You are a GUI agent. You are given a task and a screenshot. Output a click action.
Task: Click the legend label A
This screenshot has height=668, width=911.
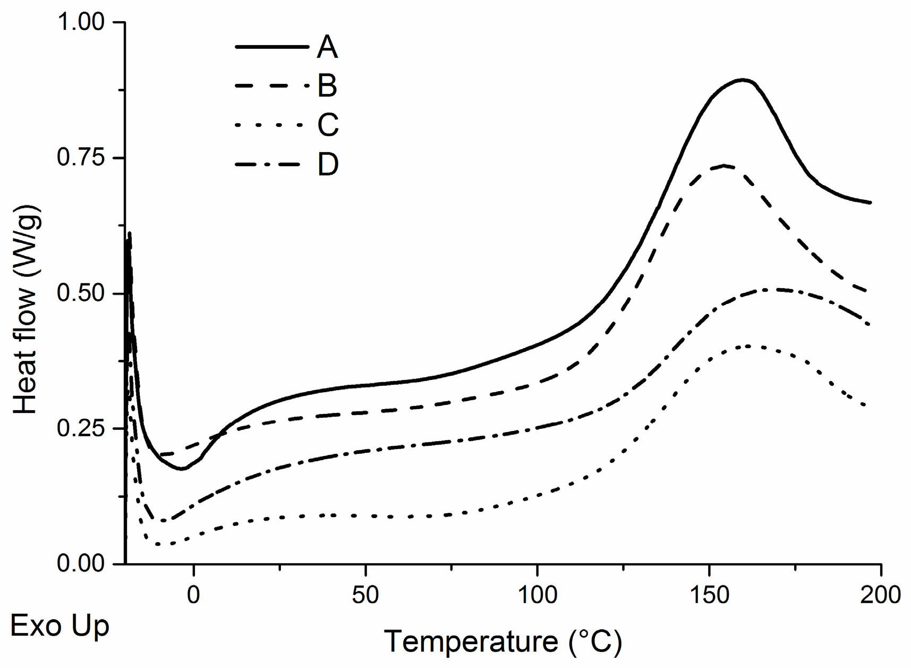(x=327, y=47)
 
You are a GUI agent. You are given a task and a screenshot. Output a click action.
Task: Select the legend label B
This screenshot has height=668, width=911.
(x=327, y=86)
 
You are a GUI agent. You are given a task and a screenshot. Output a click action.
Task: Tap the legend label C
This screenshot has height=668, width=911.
(x=328, y=125)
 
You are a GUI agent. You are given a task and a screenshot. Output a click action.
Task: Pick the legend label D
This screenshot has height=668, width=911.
(x=328, y=165)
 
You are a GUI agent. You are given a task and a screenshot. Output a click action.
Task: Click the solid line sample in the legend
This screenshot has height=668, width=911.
(x=271, y=47)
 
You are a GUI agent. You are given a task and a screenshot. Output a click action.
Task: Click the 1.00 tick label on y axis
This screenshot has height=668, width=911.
(x=81, y=22)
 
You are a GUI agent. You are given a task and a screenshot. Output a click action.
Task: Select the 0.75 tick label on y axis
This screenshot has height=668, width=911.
(x=81, y=158)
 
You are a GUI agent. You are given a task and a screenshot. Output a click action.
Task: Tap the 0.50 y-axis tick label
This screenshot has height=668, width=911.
(x=81, y=293)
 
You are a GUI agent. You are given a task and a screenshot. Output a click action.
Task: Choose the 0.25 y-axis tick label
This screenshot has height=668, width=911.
(x=81, y=428)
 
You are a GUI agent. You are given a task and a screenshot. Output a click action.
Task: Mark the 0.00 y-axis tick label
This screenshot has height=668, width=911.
(x=81, y=564)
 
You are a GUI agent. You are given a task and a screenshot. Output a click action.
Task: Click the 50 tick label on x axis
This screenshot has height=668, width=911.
(x=365, y=595)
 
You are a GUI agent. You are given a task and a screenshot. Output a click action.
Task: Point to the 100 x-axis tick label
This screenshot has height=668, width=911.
(x=537, y=595)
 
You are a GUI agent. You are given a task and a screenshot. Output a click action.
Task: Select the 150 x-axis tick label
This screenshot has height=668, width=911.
(x=709, y=595)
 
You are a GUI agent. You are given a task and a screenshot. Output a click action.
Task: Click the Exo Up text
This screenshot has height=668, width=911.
(x=59, y=627)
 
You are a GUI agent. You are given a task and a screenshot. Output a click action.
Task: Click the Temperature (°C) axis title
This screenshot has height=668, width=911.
(x=503, y=641)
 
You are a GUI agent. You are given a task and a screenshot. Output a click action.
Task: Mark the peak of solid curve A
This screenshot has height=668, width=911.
(x=743, y=80)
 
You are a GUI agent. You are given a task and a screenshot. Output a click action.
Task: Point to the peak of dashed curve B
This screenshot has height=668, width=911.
(x=724, y=165)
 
